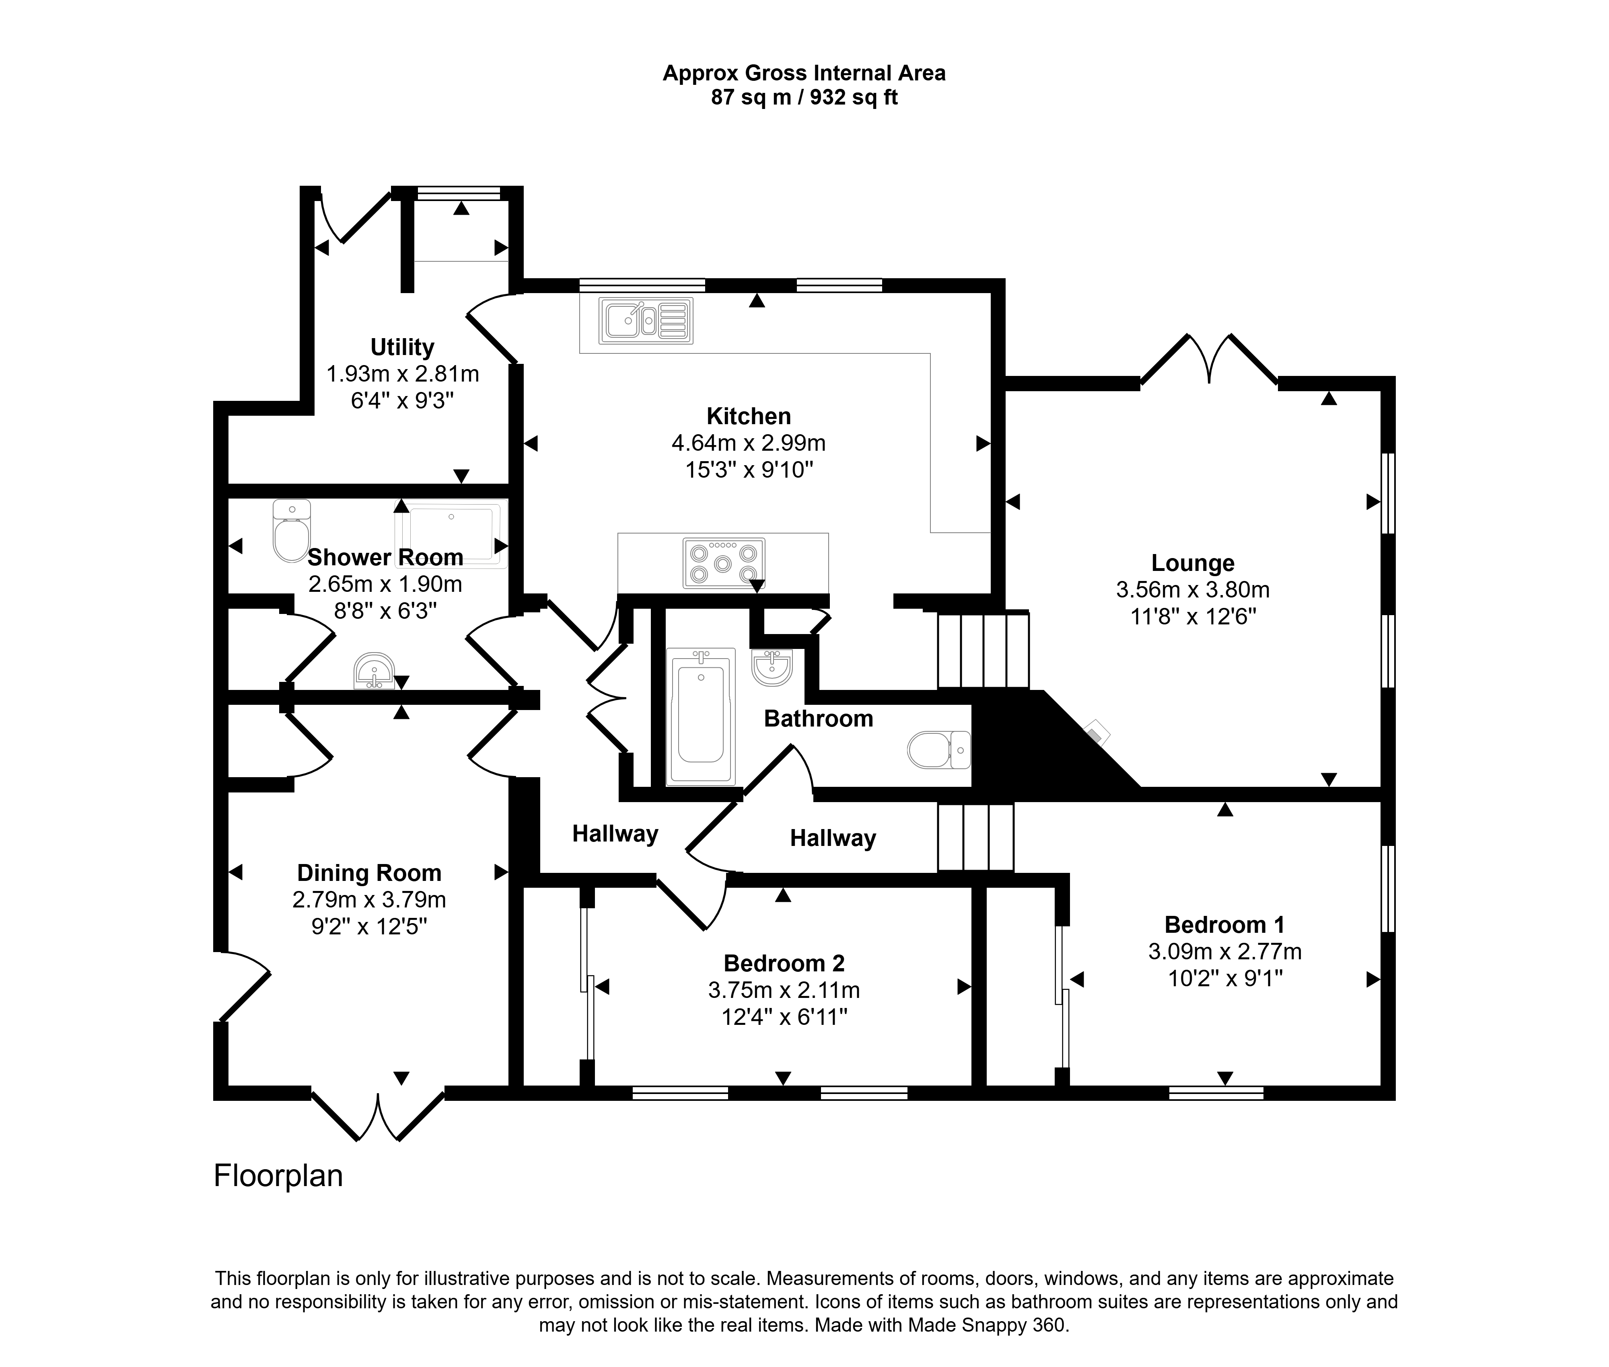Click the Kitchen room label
click(748, 416)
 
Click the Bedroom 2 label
click(784, 963)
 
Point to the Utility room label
click(402, 347)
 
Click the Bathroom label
click(818, 718)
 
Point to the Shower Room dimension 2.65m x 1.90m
click(385, 583)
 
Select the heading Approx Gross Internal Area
click(804, 73)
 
